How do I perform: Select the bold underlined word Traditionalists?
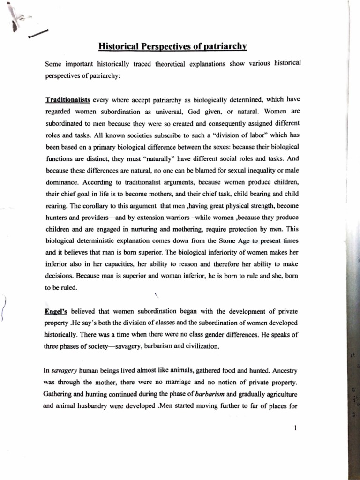67,100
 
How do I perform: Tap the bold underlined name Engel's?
56,311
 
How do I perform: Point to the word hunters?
57,217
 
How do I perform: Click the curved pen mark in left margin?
4,309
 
